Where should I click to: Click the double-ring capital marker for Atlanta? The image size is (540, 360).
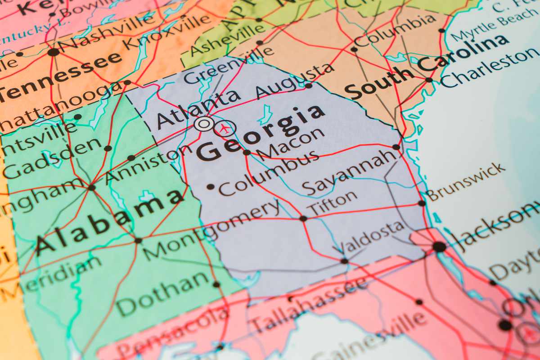coord(203,124)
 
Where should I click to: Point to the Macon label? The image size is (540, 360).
coord(290,143)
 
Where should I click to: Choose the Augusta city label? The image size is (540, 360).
coord(294,81)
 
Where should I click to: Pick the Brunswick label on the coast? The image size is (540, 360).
coord(465,182)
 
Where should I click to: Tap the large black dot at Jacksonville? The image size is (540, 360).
coord(439,247)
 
